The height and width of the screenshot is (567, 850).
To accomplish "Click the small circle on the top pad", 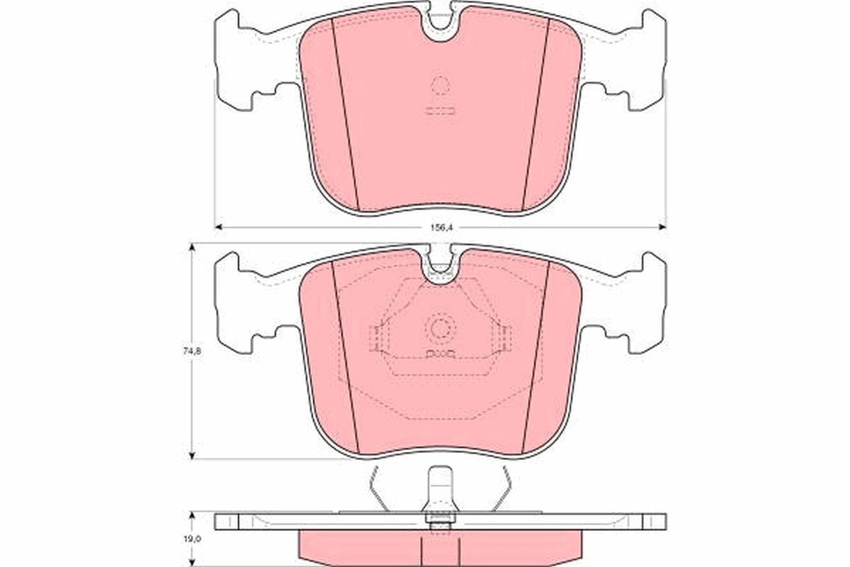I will tap(440, 86).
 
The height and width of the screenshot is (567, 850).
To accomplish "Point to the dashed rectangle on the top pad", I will tap(440, 111).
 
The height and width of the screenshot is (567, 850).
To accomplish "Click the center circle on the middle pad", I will tap(440, 328).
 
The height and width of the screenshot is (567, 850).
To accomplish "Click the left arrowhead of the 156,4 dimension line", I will tap(218, 227).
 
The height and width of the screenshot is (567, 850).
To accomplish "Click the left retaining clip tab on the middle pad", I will tap(376, 339).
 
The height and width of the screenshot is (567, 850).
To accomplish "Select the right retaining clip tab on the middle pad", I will tap(504, 339).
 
